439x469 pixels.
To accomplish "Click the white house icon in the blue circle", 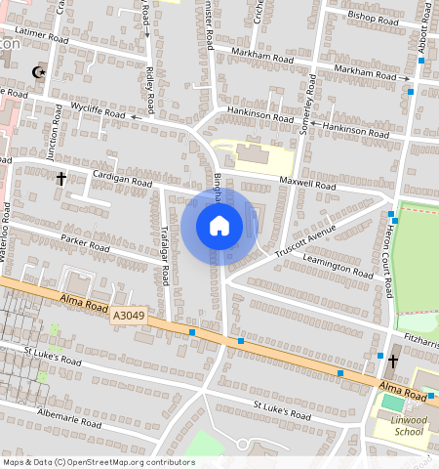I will click(219, 226).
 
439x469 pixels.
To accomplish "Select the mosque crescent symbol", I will click(40, 72).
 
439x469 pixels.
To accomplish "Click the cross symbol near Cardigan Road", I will click(61, 179).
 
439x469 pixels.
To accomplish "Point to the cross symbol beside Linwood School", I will click(393, 362).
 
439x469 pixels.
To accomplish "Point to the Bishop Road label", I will click(375, 17).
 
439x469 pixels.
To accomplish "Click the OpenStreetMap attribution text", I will click(99, 462).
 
